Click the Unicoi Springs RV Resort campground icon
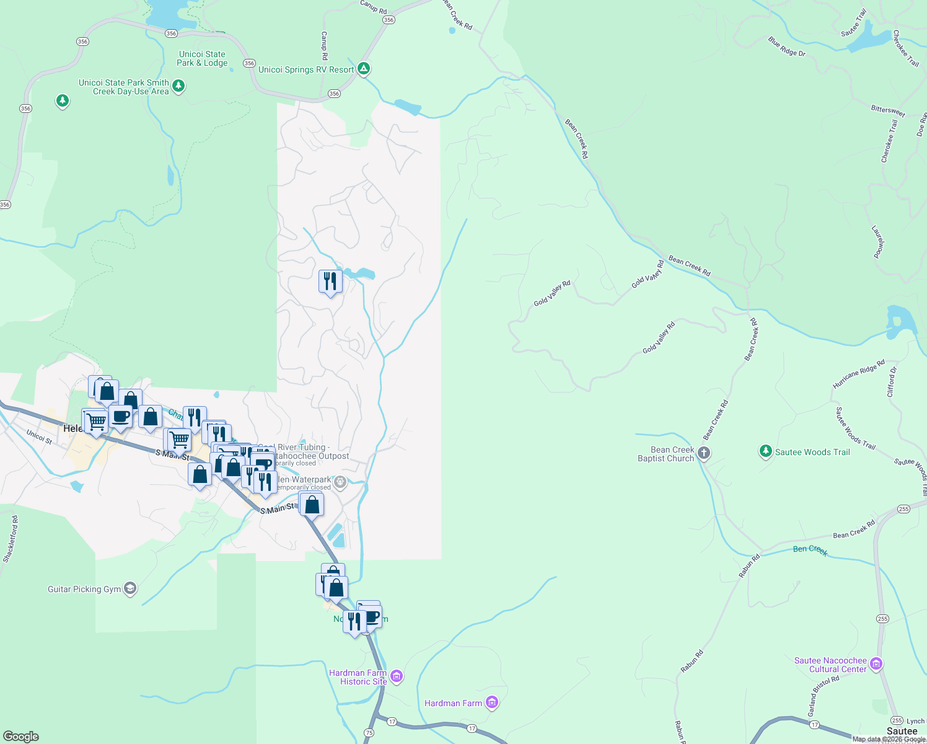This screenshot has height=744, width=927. point(364,69)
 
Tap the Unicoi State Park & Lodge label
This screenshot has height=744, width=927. point(202,58)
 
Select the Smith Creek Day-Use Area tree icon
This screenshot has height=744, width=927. point(178,86)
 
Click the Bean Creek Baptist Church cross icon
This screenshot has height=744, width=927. point(704,453)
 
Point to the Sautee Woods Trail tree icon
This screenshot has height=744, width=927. point(766,451)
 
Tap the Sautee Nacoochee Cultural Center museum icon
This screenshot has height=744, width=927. point(876,664)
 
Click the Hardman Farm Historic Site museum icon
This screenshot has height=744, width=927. point(397,676)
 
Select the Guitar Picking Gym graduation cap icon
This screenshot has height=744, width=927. point(130,588)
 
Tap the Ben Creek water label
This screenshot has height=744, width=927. point(810,549)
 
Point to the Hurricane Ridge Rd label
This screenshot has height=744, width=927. point(859,374)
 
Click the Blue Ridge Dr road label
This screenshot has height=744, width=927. point(787,47)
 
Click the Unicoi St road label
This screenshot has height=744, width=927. point(39,436)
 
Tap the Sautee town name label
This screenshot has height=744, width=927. point(902,732)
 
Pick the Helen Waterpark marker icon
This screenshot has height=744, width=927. point(340,482)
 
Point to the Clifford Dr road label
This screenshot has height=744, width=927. point(892,382)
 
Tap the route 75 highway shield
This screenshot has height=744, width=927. point(369,732)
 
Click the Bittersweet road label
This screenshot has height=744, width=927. point(888,110)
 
